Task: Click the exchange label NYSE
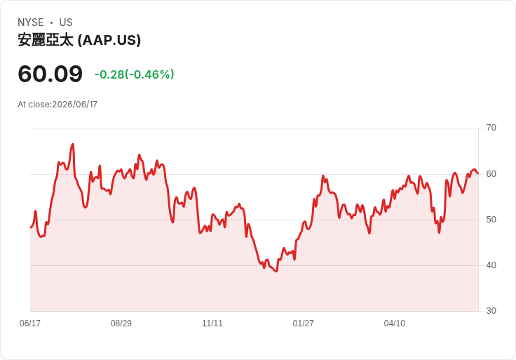coord(31,22)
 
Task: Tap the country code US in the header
coord(66,22)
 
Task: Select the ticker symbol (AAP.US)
coord(109,40)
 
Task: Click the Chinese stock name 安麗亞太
coord(46,40)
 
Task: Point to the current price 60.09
coord(50,74)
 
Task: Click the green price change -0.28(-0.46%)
coord(135,74)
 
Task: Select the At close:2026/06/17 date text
coord(57,105)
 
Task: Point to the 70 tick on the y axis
coord(491,128)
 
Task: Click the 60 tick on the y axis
coord(491,174)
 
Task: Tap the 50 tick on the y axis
coord(491,220)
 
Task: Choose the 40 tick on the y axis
coord(491,265)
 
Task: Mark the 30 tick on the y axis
coord(491,311)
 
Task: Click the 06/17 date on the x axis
coord(30,323)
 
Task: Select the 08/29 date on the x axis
coord(121,323)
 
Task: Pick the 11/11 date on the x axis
coord(212,323)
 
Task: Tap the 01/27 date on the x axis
coord(303,323)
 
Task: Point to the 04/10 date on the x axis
coord(394,323)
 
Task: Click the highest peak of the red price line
coord(73,144)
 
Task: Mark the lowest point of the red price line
coord(276,272)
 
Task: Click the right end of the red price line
coord(478,173)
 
